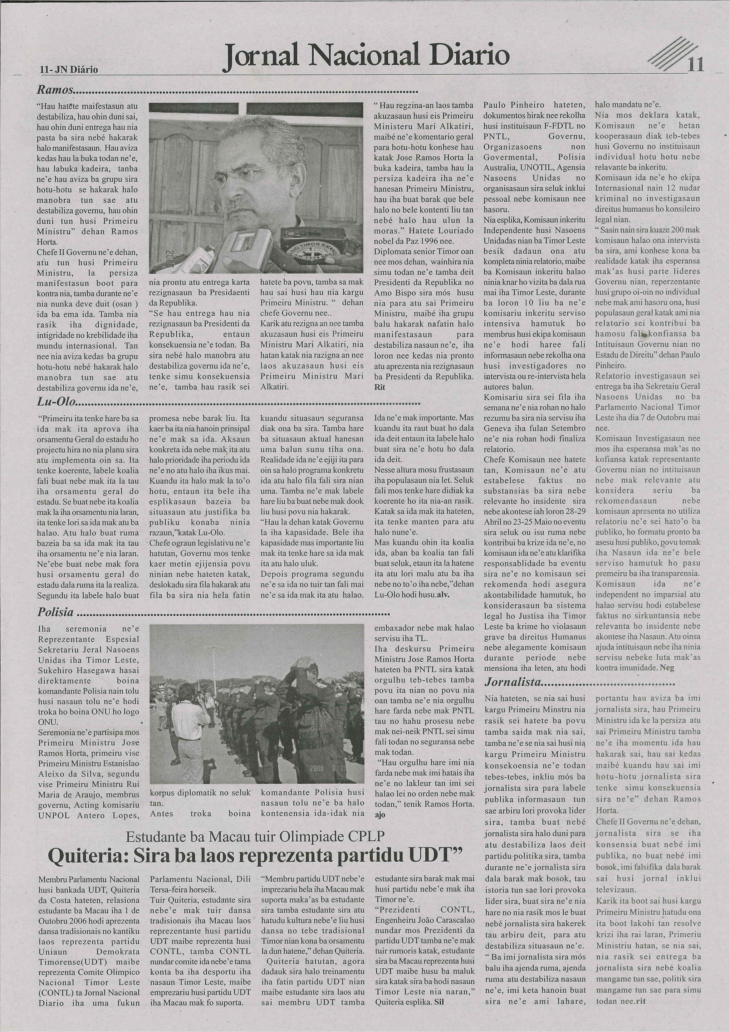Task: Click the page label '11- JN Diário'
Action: (69, 70)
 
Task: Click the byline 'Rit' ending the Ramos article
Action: (380, 387)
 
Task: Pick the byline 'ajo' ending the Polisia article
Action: (380, 814)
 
